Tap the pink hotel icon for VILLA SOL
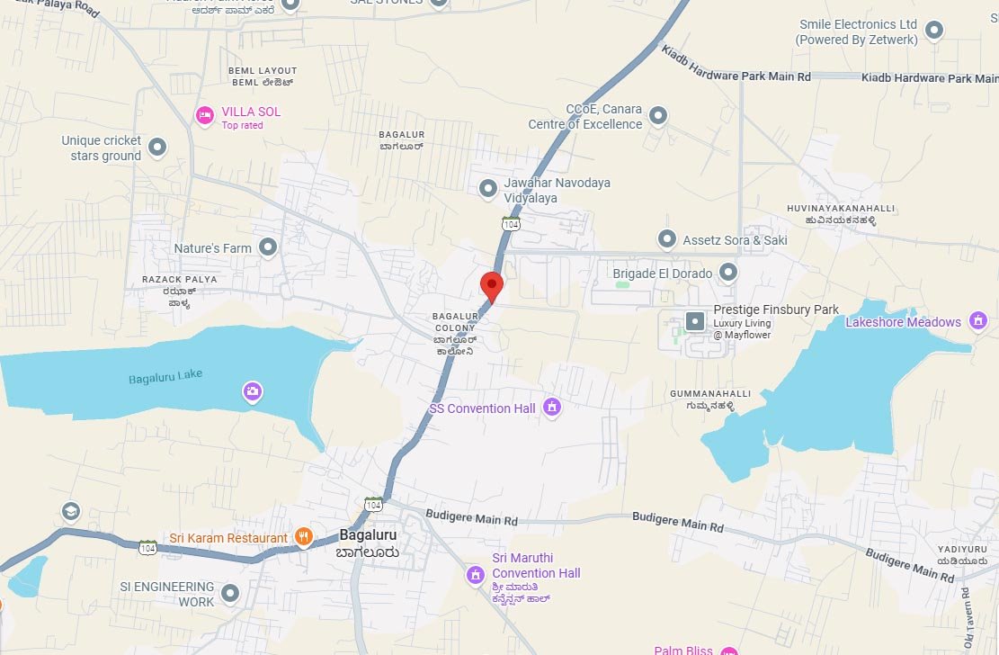pyautogui.click(x=205, y=115)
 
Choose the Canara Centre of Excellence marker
pyautogui.click(x=658, y=116)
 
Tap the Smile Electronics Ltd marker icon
pyautogui.click(x=934, y=31)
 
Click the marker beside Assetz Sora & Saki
pyautogui.click(x=666, y=239)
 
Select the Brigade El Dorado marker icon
pyautogui.click(x=728, y=272)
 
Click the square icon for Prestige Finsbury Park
pyautogui.click(x=695, y=320)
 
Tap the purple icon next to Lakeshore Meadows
pyautogui.click(x=978, y=320)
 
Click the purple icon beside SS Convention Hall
pyautogui.click(x=552, y=408)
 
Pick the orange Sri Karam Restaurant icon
pyautogui.click(x=304, y=537)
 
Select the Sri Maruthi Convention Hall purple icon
pyautogui.click(x=476, y=574)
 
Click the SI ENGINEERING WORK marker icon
pyautogui.click(x=230, y=594)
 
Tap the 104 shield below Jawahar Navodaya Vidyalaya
pyautogui.click(x=511, y=223)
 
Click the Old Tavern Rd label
pyautogui.click(x=967, y=619)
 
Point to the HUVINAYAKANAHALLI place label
pyautogui.click(x=851, y=209)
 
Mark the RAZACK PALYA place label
pyautogui.click(x=180, y=280)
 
